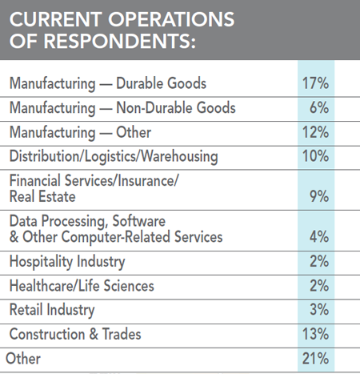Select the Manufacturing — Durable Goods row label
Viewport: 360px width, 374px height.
coord(96,83)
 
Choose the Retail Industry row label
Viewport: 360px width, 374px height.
coord(52,310)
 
